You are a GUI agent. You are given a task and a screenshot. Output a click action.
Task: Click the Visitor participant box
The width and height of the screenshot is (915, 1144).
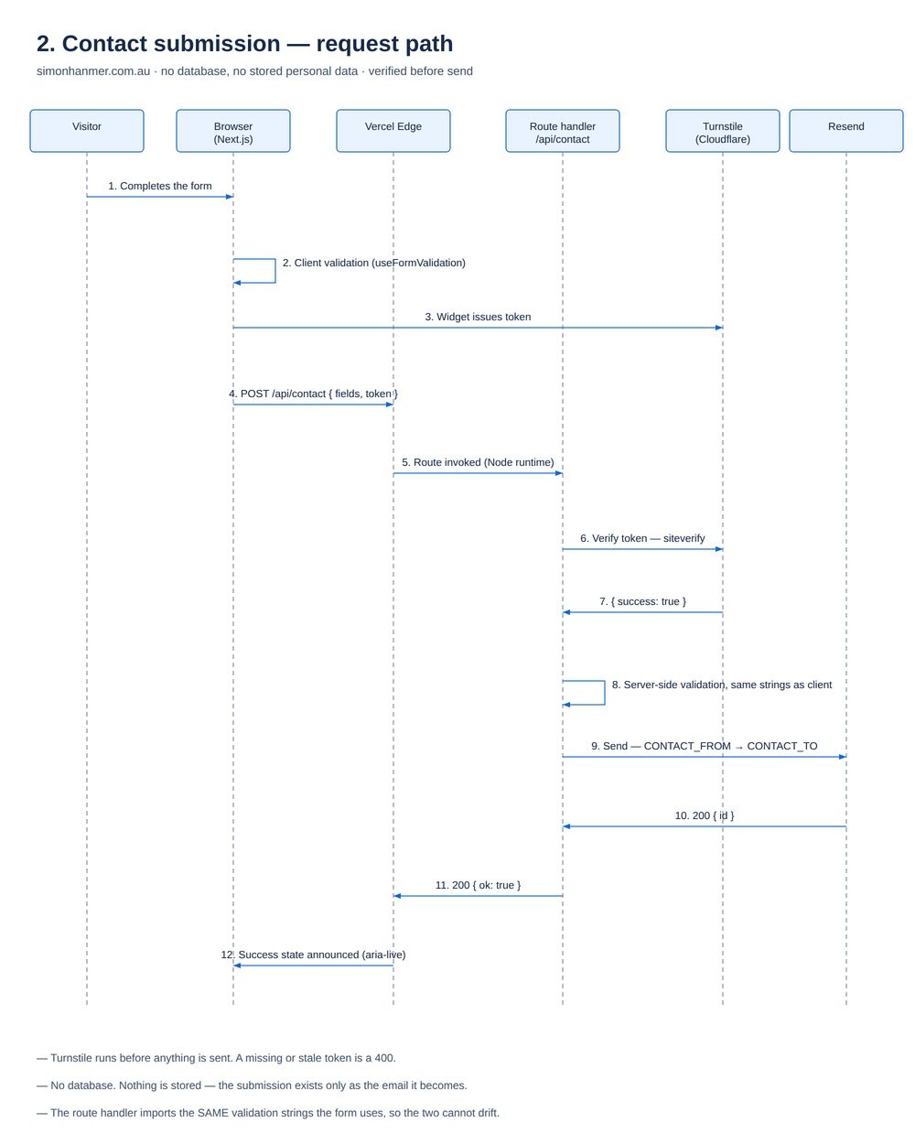[x=87, y=131]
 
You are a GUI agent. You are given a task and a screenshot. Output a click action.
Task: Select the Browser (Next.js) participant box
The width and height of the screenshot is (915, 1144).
[x=233, y=131]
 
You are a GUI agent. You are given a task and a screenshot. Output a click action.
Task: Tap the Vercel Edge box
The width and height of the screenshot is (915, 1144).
[x=393, y=131]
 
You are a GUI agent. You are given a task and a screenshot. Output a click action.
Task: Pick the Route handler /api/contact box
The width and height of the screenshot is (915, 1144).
[x=562, y=131]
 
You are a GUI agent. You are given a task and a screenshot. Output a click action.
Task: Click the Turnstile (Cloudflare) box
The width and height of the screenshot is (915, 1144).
[x=722, y=131]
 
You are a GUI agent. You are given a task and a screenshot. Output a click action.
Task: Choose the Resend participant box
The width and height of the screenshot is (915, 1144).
[x=845, y=131]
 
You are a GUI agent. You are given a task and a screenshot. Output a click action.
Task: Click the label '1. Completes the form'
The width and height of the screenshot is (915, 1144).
[x=159, y=186]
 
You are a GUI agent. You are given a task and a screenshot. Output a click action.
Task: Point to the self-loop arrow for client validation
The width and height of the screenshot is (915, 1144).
[x=274, y=271]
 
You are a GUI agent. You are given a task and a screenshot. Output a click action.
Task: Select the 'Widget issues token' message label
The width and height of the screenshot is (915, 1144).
[x=478, y=317]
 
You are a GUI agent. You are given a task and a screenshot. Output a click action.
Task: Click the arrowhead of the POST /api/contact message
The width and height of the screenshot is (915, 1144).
[x=389, y=405]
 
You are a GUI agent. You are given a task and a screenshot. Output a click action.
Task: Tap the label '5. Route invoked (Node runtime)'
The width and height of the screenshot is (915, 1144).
[x=478, y=462]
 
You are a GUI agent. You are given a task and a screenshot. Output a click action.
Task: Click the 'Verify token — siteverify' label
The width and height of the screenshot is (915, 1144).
[x=642, y=538]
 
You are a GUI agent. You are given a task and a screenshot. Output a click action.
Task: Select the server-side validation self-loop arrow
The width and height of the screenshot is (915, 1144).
[x=604, y=693]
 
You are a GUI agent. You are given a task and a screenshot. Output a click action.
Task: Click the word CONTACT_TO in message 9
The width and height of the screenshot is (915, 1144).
[x=781, y=746]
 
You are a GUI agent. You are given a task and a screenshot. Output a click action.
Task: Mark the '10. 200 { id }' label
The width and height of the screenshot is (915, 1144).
[x=704, y=815]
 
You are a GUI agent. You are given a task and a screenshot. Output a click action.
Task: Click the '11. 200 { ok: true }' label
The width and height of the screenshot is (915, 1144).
[x=478, y=885]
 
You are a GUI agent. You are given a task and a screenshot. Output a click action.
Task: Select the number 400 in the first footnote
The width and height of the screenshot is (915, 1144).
[x=383, y=1058]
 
